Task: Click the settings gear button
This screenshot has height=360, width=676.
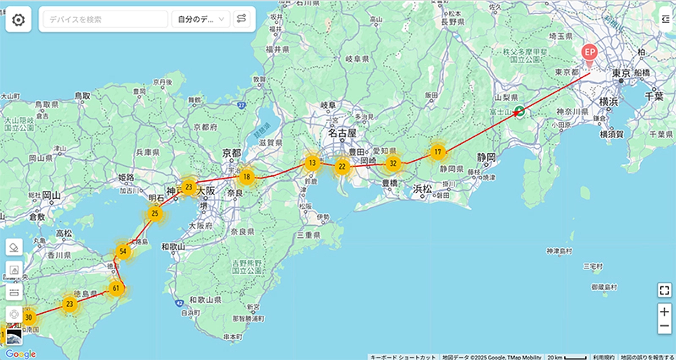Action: tap(18, 20)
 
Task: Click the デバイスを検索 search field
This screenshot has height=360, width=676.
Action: tap(104, 20)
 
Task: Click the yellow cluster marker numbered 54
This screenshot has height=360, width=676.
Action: tap(123, 251)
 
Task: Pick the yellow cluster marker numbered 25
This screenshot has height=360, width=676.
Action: tap(155, 214)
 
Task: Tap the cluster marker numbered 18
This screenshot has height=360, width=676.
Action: tap(246, 178)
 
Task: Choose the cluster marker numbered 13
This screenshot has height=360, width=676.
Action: tap(312, 163)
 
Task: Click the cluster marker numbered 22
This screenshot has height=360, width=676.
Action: tap(342, 167)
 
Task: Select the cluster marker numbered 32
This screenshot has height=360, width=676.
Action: tap(393, 164)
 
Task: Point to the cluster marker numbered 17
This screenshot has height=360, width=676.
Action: tap(438, 152)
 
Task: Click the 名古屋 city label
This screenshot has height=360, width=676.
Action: tap(343, 134)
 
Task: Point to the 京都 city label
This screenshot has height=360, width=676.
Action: tap(232, 153)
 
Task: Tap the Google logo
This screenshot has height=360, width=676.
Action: tap(21, 354)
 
